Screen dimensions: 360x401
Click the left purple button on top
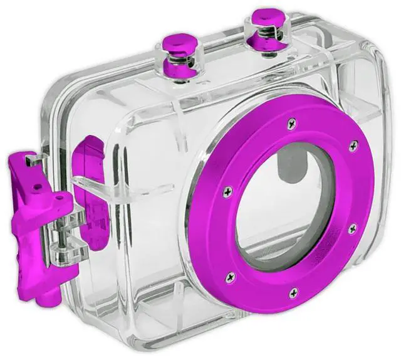coord(180,43)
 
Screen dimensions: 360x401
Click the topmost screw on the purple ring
coord(290,124)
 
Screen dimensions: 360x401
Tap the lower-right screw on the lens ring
coord(352,228)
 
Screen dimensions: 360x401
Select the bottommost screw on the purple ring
coord(293,292)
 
